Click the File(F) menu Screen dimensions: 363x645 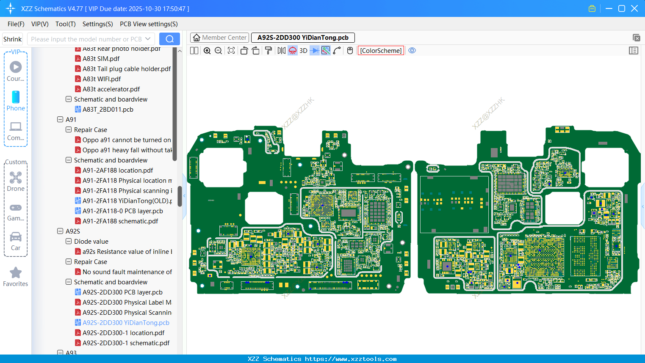(x=16, y=24)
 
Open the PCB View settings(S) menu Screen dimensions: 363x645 (x=149, y=24)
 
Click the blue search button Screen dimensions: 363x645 (x=169, y=39)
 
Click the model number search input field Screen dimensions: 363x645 (x=86, y=39)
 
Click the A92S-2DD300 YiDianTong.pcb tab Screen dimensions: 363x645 (x=303, y=38)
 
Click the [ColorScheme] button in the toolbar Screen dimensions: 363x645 (x=381, y=51)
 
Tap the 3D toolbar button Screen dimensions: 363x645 (x=303, y=51)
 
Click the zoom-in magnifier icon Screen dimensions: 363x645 (x=207, y=51)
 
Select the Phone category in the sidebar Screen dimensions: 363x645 (x=16, y=101)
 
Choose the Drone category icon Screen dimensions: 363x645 (x=16, y=181)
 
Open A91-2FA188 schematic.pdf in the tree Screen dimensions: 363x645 (x=120, y=221)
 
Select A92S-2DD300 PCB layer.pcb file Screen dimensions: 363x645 (x=122, y=292)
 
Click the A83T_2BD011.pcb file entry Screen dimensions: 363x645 (x=108, y=110)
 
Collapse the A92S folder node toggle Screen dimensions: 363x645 (x=60, y=231)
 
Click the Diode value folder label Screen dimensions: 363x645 (x=91, y=242)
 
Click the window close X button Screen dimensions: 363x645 (x=634, y=8)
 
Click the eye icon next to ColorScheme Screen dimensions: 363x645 (x=412, y=51)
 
